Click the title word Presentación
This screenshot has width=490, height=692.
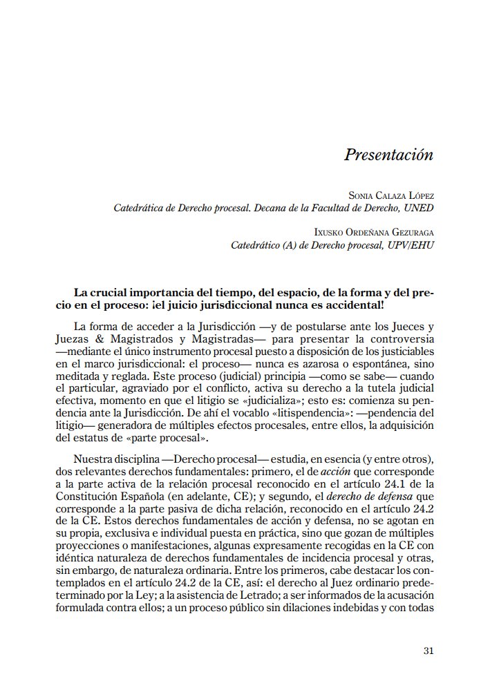(x=388, y=155)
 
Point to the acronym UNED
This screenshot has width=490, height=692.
(x=420, y=208)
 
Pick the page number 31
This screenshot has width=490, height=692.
(x=428, y=651)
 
